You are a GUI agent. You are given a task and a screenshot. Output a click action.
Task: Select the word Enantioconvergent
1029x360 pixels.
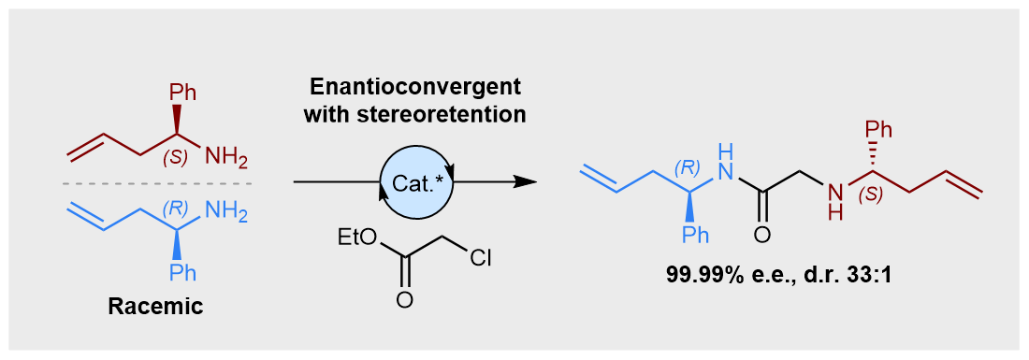[416, 88]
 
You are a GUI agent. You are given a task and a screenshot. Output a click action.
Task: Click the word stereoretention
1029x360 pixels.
[416, 115]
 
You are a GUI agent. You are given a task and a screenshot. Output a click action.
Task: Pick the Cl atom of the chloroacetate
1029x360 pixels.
[481, 259]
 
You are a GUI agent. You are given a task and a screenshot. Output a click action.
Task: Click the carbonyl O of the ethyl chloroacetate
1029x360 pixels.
[404, 300]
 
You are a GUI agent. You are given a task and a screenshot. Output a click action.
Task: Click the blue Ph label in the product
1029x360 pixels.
[694, 235]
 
